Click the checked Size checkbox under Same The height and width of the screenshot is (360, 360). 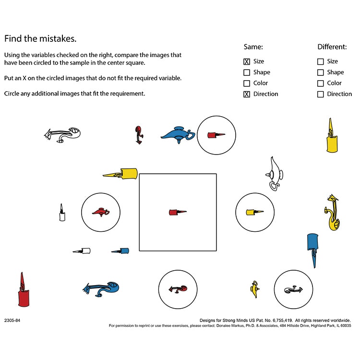[x=247, y=61]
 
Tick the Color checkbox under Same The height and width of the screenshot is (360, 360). [x=247, y=84]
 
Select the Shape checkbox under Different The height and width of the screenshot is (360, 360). [x=320, y=72]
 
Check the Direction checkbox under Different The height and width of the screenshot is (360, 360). [x=320, y=95]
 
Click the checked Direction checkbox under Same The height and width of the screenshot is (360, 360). [x=247, y=95]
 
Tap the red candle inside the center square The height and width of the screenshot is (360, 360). [x=177, y=212]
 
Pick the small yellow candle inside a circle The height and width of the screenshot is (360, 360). [x=254, y=212]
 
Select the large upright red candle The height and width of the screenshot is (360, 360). [x=24, y=291]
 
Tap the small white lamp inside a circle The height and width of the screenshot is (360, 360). [x=293, y=289]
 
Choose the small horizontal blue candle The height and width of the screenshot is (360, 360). [x=120, y=251]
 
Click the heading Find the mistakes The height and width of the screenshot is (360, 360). [x=40, y=38]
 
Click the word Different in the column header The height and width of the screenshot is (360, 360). [x=332, y=47]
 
